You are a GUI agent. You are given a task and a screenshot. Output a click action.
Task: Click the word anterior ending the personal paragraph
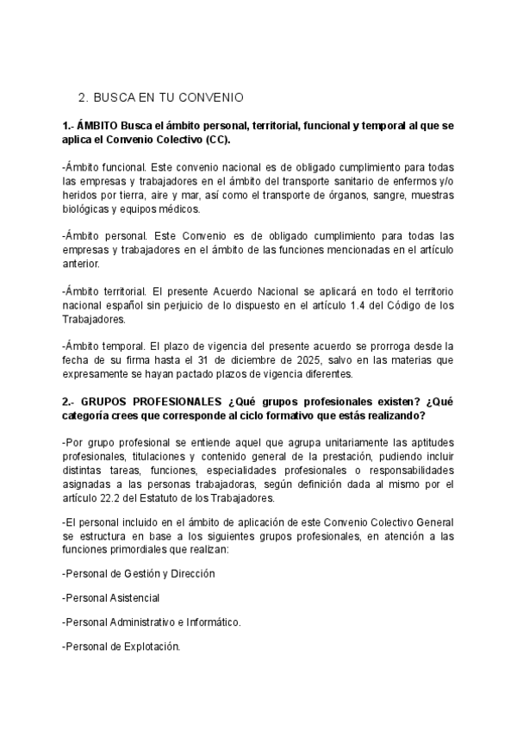tap(82, 264)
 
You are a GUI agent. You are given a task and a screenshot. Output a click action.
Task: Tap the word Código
tap(402, 305)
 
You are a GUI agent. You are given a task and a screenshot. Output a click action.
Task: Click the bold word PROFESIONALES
tap(181, 402)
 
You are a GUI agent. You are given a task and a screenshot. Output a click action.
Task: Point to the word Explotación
tap(149, 646)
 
